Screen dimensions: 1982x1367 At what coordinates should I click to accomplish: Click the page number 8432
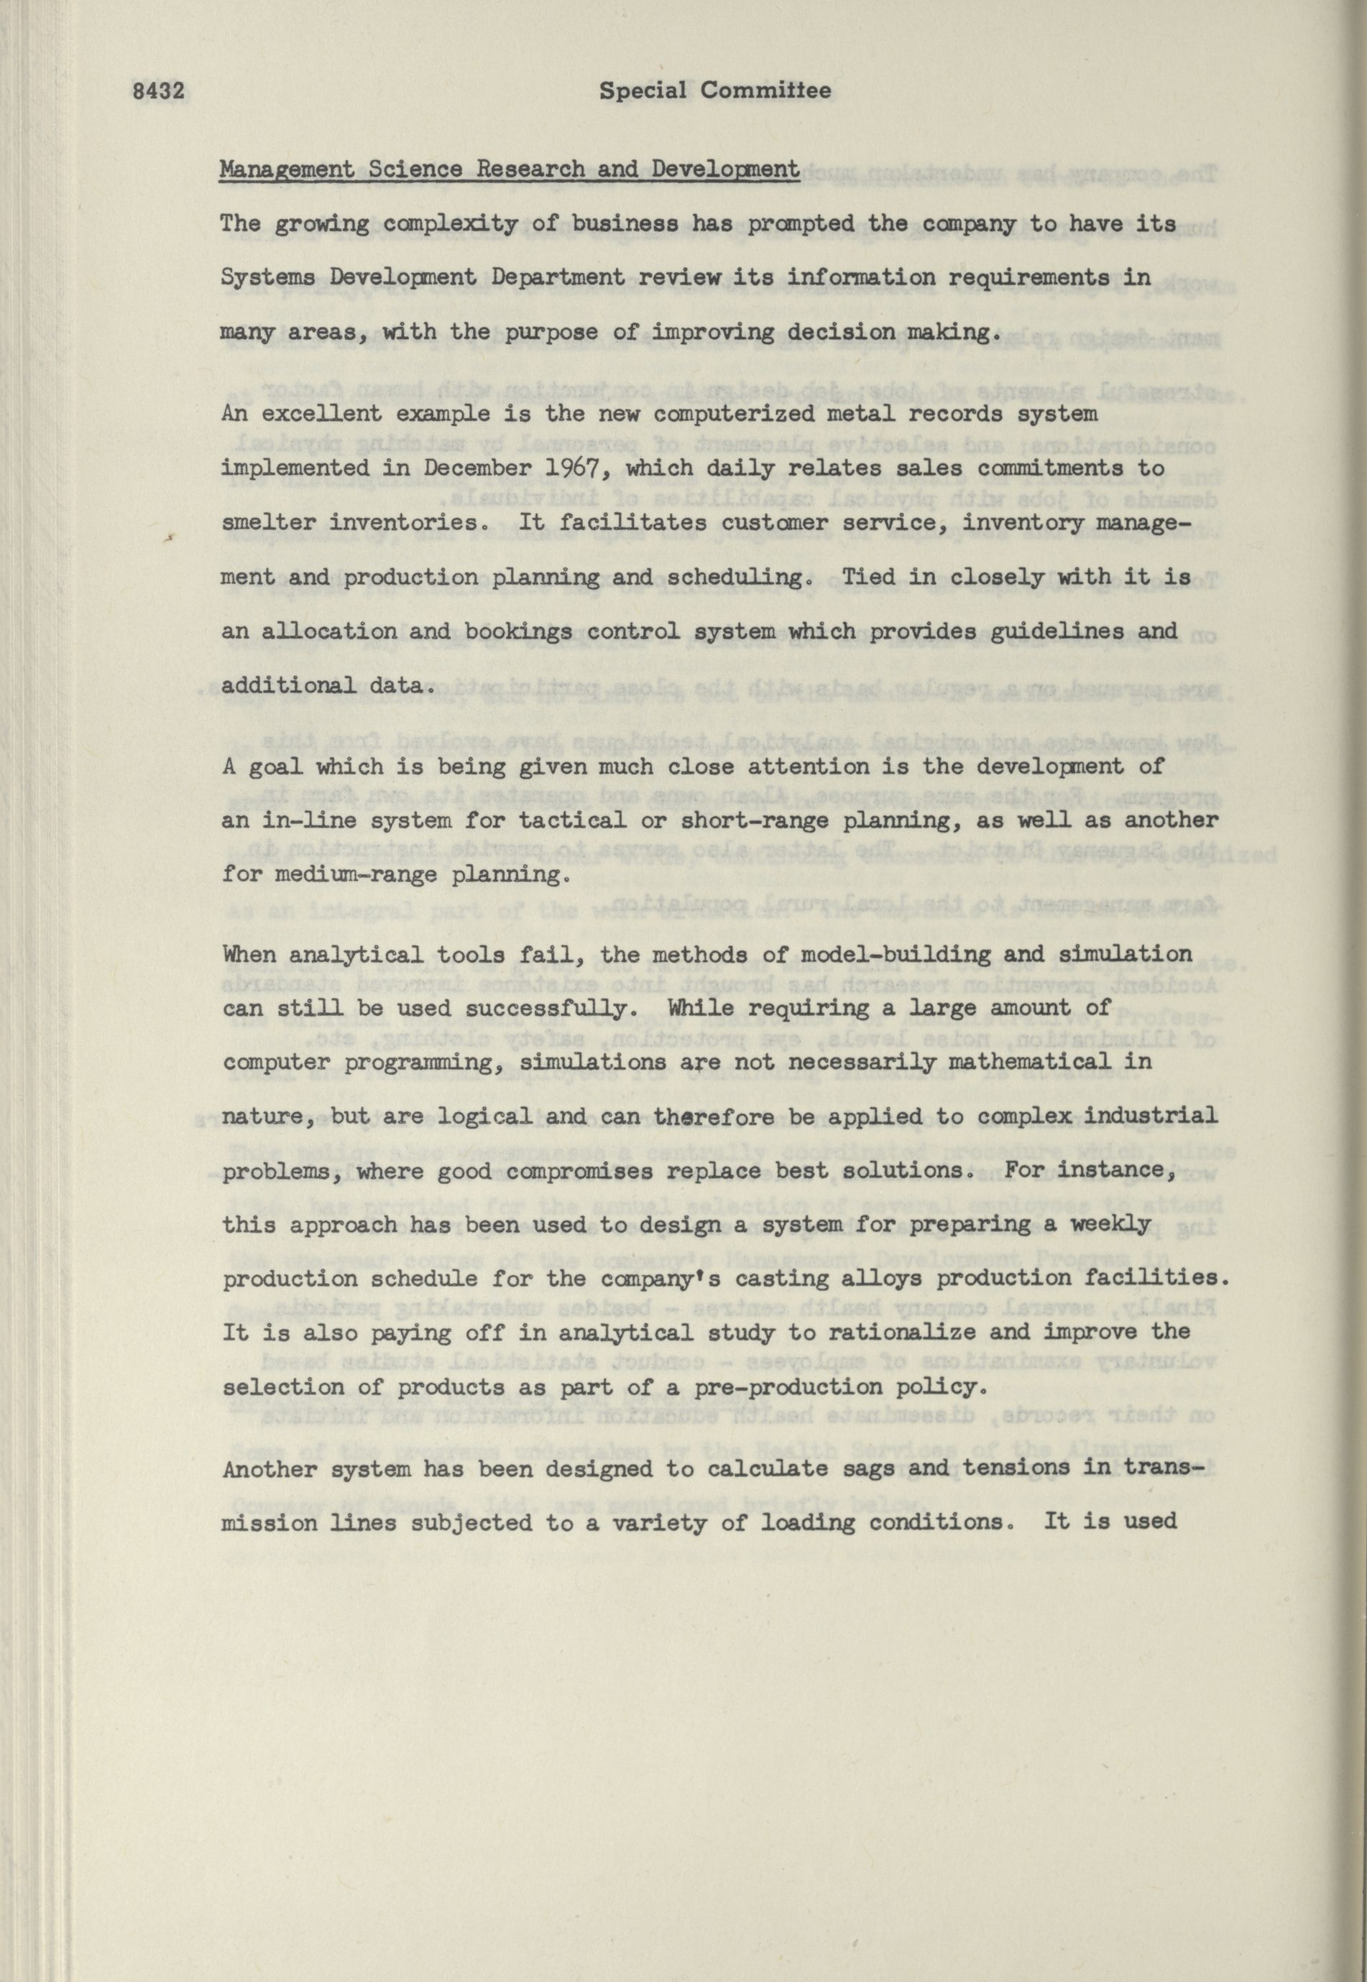click(x=160, y=91)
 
